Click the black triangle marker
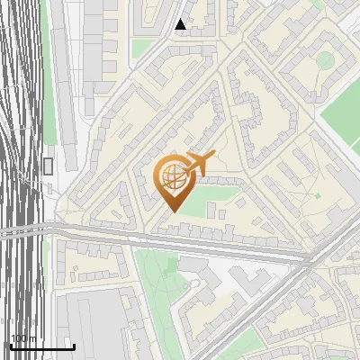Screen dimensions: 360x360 [181, 24]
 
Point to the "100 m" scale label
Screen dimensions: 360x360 [23, 338]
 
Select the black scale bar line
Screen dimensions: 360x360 [41, 346]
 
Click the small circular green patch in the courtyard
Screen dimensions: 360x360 [325, 61]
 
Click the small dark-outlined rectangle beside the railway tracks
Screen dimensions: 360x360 [48, 166]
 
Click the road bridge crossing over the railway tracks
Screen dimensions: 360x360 [27, 231]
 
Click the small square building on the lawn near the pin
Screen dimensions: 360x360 [211, 210]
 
